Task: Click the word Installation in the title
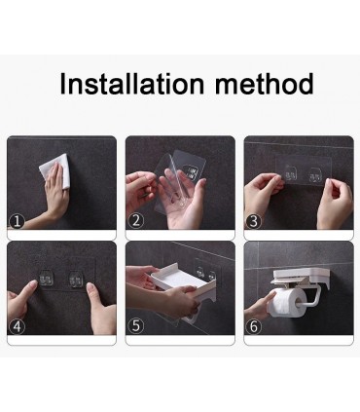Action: [x=132, y=84]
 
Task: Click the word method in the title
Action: [x=265, y=84]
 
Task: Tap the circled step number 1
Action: [x=17, y=221]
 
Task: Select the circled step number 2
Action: [x=136, y=221]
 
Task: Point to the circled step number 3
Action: [x=254, y=221]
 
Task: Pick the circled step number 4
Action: [x=17, y=326]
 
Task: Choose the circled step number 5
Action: [x=136, y=326]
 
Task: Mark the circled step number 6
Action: [x=254, y=326]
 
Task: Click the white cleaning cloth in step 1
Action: [x=54, y=170]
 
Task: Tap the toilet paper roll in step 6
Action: [x=288, y=303]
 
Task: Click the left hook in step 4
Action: [x=46, y=278]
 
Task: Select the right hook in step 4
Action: [x=75, y=279]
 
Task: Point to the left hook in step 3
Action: [x=291, y=172]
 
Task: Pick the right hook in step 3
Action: [x=314, y=174]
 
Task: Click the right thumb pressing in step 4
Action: [x=93, y=294]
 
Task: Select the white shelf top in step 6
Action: [x=298, y=276]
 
